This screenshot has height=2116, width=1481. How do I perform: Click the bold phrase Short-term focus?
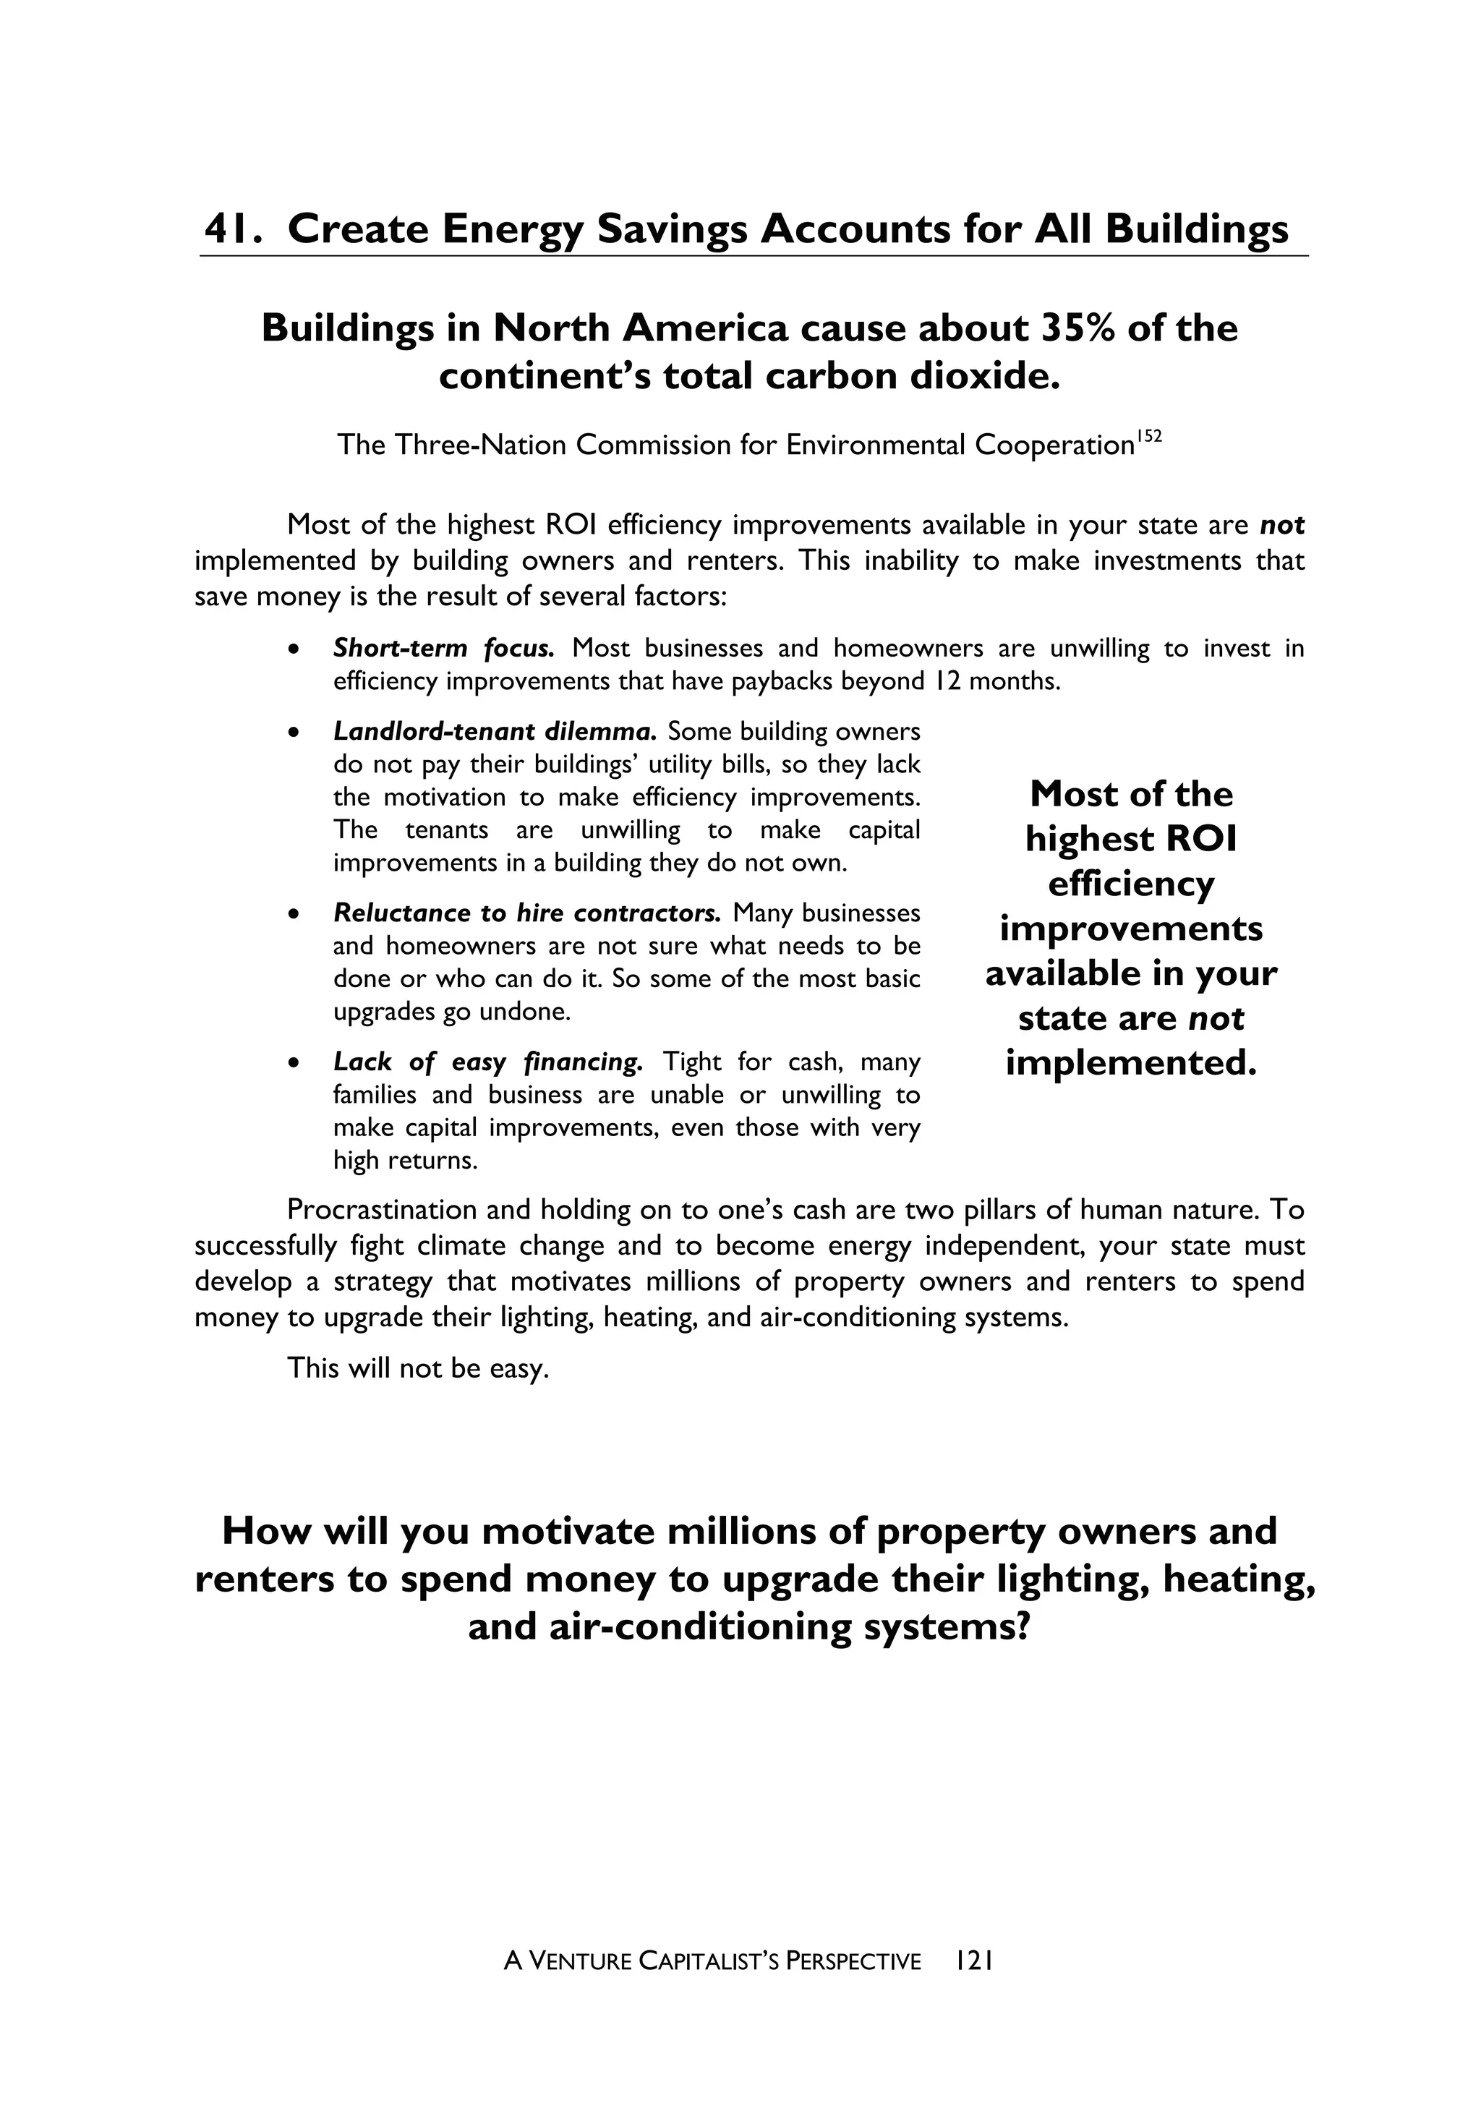coord(443,648)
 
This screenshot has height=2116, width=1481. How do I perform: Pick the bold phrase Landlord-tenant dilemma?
coord(495,731)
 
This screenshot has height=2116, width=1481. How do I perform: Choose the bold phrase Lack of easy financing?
coord(487,1062)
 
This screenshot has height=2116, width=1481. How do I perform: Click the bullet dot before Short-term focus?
coord(293,649)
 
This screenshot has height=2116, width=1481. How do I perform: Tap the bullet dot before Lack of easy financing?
coord(293,1062)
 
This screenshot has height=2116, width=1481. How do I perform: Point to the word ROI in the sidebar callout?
coord(1201,839)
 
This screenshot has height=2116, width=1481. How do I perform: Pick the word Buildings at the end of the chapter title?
coord(1196,229)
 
